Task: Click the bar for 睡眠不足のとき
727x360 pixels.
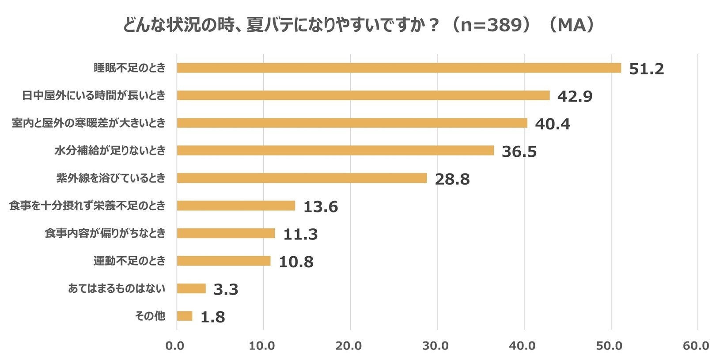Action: point(399,68)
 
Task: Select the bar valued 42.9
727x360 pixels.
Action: point(363,95)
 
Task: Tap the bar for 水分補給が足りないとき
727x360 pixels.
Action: point(335,151)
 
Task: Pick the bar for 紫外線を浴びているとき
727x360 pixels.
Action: point(302,178)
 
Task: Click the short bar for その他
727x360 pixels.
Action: point(185,316)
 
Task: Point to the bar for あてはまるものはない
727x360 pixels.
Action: point(191,288)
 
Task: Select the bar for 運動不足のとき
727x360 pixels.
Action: point(223,261)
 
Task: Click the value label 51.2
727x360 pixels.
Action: point(646,69)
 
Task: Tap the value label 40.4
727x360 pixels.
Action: point(552,124)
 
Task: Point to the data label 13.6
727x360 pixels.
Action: point(320,207)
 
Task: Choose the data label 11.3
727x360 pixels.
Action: point(300,234)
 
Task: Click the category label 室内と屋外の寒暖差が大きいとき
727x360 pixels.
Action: point(88,123)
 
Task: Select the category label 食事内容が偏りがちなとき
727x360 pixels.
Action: point(105,233)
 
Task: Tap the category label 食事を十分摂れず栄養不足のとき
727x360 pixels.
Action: point(87,205)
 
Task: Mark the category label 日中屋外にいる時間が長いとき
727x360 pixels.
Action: point(94,95)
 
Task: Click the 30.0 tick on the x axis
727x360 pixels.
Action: point(435,346)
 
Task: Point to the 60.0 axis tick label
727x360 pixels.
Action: point(696,346)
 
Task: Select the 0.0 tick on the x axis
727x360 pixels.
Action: point(175,346)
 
